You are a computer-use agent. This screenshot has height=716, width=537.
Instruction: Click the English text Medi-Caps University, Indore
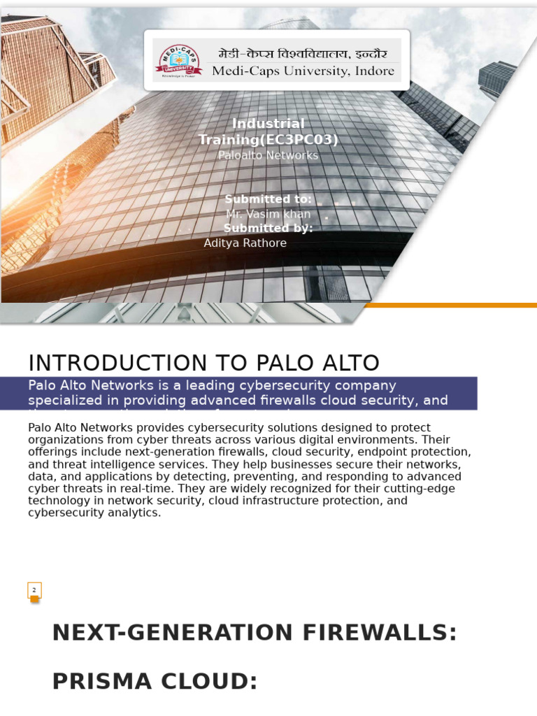[303, 71]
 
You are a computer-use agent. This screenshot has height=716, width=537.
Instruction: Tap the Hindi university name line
[302, 52]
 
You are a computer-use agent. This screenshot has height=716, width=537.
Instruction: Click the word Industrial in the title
[268, 124]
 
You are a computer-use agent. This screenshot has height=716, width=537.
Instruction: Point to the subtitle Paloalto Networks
[268, 155]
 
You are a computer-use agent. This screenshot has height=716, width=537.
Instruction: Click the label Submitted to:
[268, 199]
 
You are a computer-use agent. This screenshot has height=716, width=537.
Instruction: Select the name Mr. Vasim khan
[268, 214]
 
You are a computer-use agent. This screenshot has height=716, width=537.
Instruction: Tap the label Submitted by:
[268, 228]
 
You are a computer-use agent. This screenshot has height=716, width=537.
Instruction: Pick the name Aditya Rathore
[245, 243]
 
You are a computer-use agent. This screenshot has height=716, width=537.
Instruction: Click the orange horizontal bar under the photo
[451, 305]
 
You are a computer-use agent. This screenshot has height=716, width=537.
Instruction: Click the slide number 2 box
[34, 590]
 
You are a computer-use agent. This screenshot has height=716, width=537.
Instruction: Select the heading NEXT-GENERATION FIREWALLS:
[255, 633]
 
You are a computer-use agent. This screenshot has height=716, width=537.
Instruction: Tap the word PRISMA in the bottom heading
[101, 682]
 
